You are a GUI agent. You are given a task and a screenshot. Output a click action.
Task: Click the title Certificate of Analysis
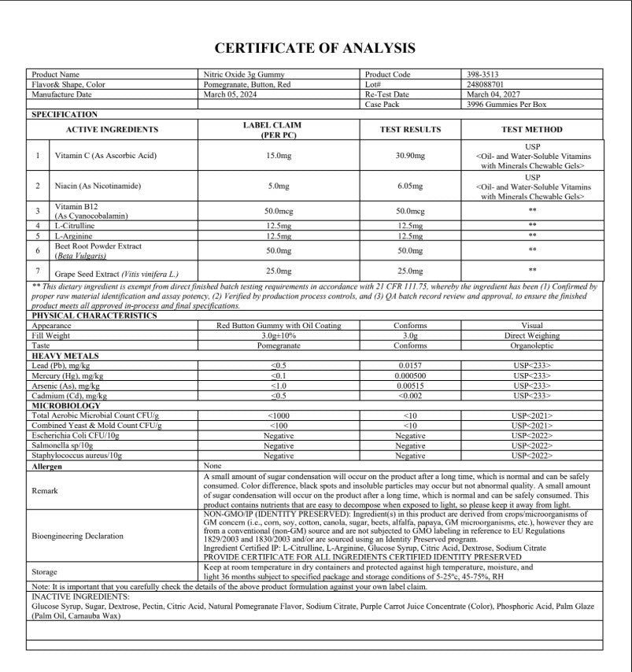click(315, 49)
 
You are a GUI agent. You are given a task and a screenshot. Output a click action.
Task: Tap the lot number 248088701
click(486, 84)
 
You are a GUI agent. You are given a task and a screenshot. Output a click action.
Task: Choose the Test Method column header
click(532, 130)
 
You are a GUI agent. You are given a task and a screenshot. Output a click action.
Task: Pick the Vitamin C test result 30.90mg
click(410, 156)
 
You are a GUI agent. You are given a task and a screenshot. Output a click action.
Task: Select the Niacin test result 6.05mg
click(410, 186)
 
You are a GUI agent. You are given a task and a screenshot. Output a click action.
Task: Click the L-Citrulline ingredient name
click(76, 226)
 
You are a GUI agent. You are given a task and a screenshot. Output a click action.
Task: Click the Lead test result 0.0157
click(410, 366)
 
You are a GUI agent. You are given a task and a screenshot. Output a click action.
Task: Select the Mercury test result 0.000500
click(410, 376)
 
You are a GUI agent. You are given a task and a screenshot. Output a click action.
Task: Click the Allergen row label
click(46, 467)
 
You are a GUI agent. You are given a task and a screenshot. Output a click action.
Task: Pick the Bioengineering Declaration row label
click(77, 536)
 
